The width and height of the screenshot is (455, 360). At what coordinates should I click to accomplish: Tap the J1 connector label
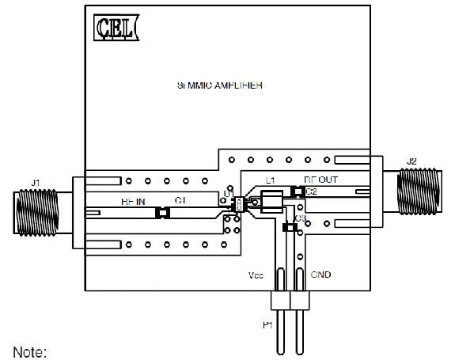tap(35, 183)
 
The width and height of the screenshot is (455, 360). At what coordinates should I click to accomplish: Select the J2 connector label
tap(411, 162)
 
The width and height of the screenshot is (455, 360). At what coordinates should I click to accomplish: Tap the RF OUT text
tap(320, 180)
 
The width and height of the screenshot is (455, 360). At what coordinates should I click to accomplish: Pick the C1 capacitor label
tap(180, 202)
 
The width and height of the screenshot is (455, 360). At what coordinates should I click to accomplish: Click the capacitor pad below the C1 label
tap(163, 212)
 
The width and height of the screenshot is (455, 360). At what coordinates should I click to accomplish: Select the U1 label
tap(228, 193)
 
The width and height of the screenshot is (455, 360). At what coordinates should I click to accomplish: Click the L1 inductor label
tap(270, 180)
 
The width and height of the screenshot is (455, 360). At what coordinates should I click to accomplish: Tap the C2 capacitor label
tap(311, 191)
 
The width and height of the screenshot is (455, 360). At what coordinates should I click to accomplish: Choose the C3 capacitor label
tap(300, 218)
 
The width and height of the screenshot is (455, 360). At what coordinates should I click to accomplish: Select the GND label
tap(320, 276)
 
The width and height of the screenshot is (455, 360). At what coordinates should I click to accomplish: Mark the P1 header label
tap(267, 324)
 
